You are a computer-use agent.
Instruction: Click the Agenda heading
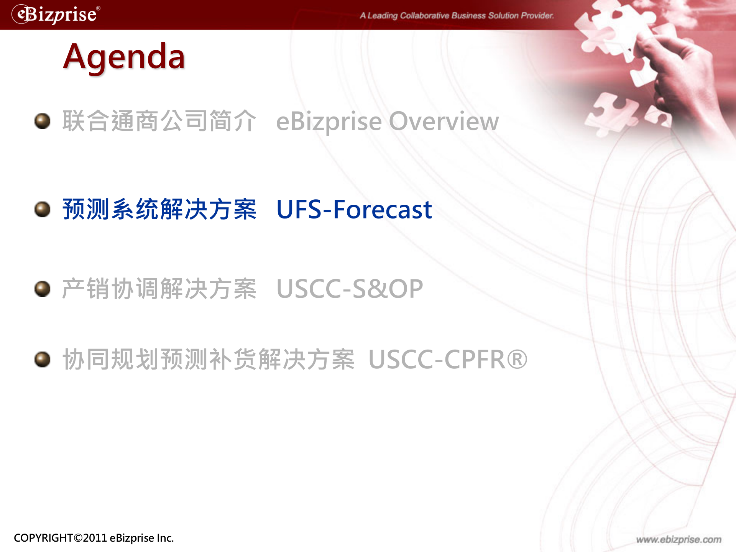[x=124, y=57]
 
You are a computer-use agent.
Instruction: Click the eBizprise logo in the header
[x=56, y=15]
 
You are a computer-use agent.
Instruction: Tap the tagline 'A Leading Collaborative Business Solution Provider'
[x=456, y=16]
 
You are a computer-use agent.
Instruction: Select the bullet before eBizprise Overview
[x=42, y=121]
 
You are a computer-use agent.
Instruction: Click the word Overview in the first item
[x=444, y=122]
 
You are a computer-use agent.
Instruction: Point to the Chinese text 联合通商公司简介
[x=159, y=121]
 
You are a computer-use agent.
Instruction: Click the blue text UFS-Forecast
[x=354, y=210]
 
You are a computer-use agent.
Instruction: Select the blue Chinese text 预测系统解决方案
[x=159, y=210]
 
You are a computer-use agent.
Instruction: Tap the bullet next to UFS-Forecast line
[x=42, y=209]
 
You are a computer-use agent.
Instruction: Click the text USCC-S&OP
[x=349, y=289]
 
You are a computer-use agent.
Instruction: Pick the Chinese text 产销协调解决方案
[x=159, y=289]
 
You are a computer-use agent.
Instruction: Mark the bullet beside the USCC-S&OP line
[x=42, y=289]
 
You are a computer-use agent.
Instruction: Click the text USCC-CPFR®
[x=447, y=360]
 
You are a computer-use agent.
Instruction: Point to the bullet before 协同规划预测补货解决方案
[x=42, y=360]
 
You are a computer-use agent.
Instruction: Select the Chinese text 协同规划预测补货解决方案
[x=208, y=360]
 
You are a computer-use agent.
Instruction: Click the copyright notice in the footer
[x=94, y=538]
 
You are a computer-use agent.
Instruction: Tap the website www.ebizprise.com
[x=678, y=539]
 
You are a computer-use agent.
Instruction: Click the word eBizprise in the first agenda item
[x=329, y=122]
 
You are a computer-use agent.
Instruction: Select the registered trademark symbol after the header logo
[x=98, y=8]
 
